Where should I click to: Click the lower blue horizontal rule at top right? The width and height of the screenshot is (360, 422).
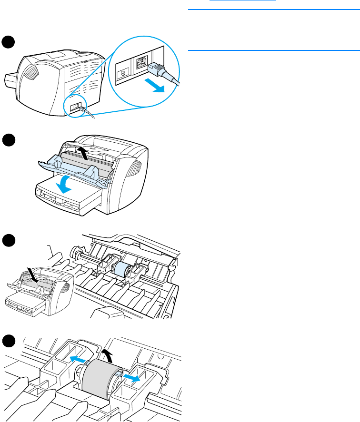274,49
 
